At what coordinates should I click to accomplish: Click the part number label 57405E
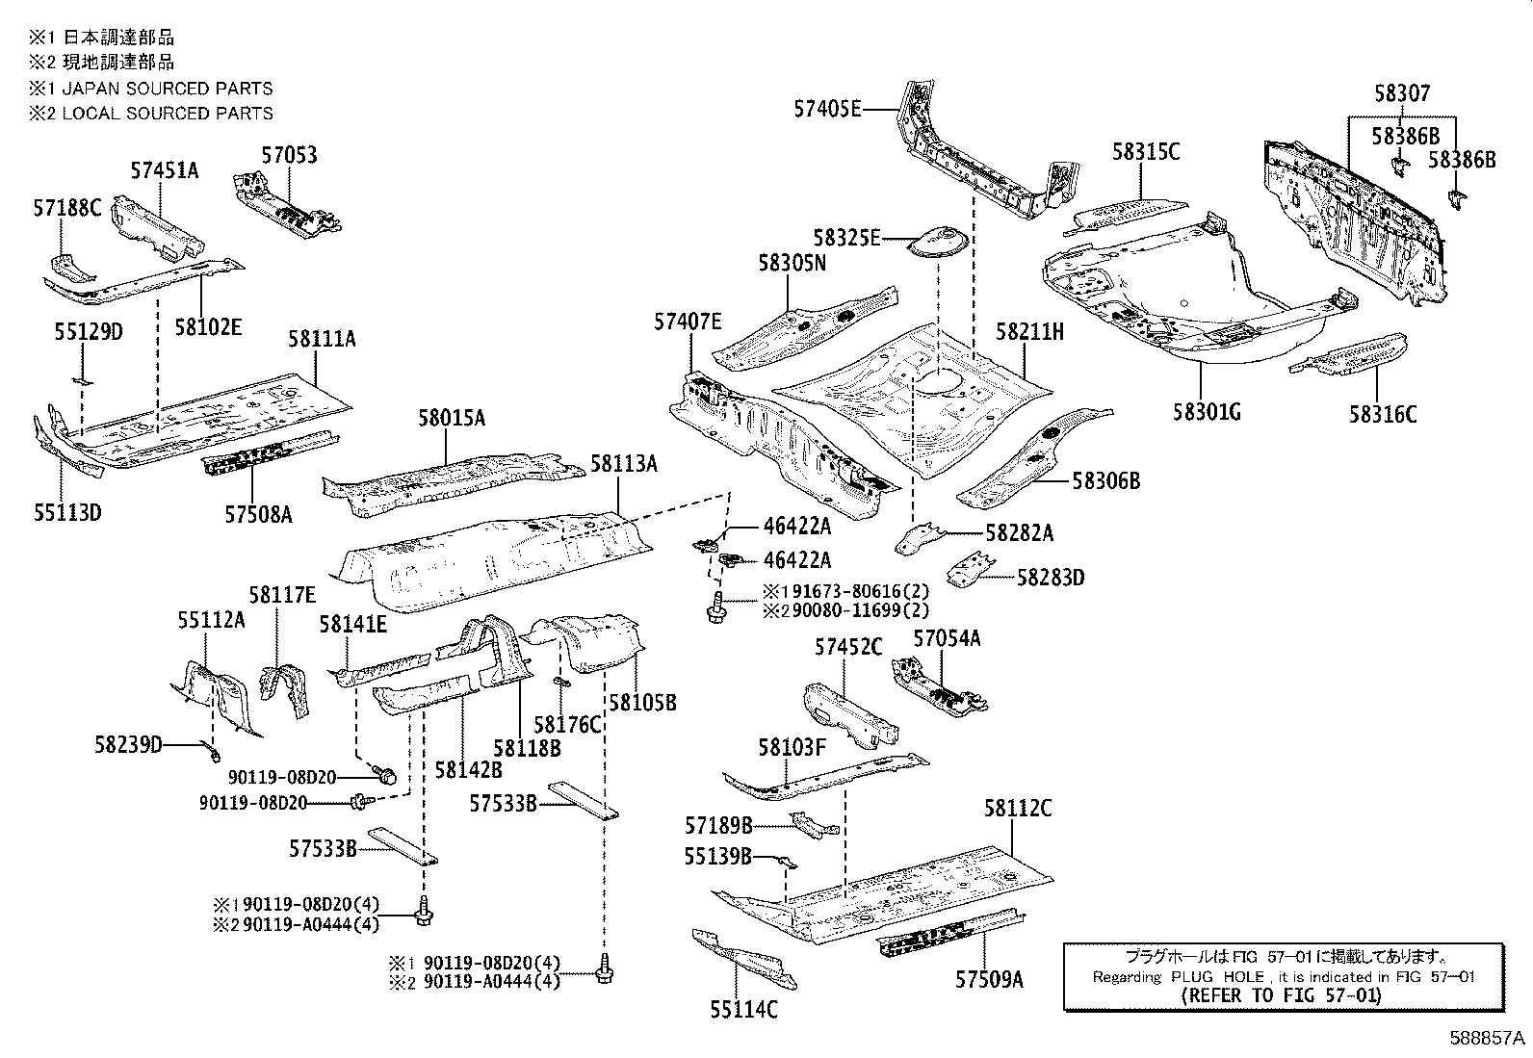click(827, 109)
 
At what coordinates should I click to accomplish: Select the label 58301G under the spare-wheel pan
click(1207, 412)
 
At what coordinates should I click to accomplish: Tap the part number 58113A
click(624, 464)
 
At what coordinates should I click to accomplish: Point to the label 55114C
click(744, 1009)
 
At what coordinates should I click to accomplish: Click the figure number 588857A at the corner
click(1489, 1040)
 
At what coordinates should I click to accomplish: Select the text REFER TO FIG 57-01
click(1281, 995)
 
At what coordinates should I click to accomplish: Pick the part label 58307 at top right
click(1402, 93)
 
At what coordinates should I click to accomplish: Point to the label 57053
click(289, 155)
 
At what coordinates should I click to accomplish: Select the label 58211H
click(1029, 332)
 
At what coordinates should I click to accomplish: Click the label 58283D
click(1051, 578)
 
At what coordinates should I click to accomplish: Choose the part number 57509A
click(989, 979)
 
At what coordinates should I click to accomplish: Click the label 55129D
click(88, 331)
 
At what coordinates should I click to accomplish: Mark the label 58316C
click(1383, 414)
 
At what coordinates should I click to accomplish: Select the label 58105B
click(645, 703)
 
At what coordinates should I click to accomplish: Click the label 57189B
click(718, 825)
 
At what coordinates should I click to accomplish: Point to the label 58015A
click(451, 418)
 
